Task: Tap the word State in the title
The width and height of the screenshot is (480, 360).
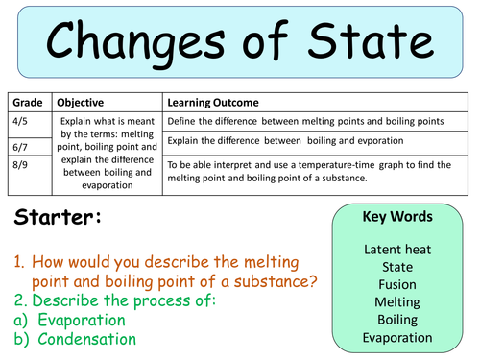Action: point(376,43)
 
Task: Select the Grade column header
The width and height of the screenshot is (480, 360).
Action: point(27,102)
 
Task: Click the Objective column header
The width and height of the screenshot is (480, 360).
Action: point(83,102)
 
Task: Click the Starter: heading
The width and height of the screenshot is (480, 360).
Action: point(58,219)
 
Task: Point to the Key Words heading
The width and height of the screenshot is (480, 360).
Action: point(396,217)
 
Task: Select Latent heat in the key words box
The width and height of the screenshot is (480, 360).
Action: point(396,250)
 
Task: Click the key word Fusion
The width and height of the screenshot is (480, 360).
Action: point(396,284)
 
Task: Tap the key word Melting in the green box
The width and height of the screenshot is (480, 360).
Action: point(396,301)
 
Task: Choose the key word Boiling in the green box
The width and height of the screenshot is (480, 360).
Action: point(396,319)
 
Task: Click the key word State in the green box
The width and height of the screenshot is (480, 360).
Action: point(396,267)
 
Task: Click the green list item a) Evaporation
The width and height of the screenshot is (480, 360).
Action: point(75,320)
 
